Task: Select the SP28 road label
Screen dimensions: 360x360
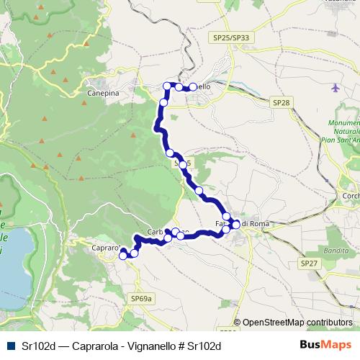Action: pyautogui.click(x=282, y=104)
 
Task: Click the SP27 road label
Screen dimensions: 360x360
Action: pyautogui.click(x=309, y=264)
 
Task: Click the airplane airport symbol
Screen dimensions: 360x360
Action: pyautogui.click(x=336, y=89)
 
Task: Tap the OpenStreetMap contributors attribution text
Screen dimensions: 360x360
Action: pyautogui.click(x=297, y=323)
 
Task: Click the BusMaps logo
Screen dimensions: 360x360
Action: pyautogui.click(x=325, y=345)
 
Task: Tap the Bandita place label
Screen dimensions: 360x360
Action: pyautogui.click(x=335, y=250)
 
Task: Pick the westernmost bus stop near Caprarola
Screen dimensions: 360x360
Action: pyautogui.click(x=123, y=254)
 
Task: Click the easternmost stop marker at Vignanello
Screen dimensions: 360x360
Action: pyautogui.click(x=193, y=87)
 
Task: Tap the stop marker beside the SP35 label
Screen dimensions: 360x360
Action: pyautogui.click(x=182, y=165)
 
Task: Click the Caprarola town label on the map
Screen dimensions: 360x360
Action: pyautogui.click(x=106, y=248)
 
